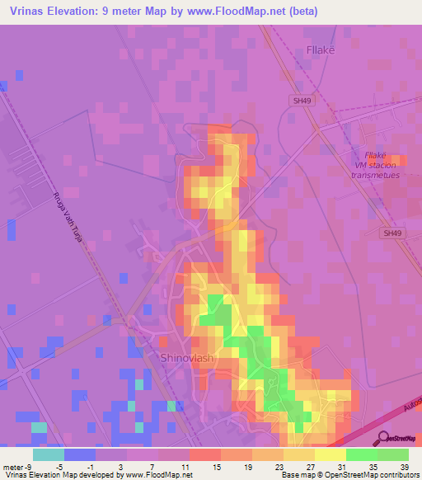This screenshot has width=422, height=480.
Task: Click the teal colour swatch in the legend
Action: [x=49, y=454]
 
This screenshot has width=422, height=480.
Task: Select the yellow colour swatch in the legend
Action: [x=330, y=454]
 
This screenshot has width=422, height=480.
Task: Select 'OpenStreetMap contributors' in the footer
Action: [x=374, y=474]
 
